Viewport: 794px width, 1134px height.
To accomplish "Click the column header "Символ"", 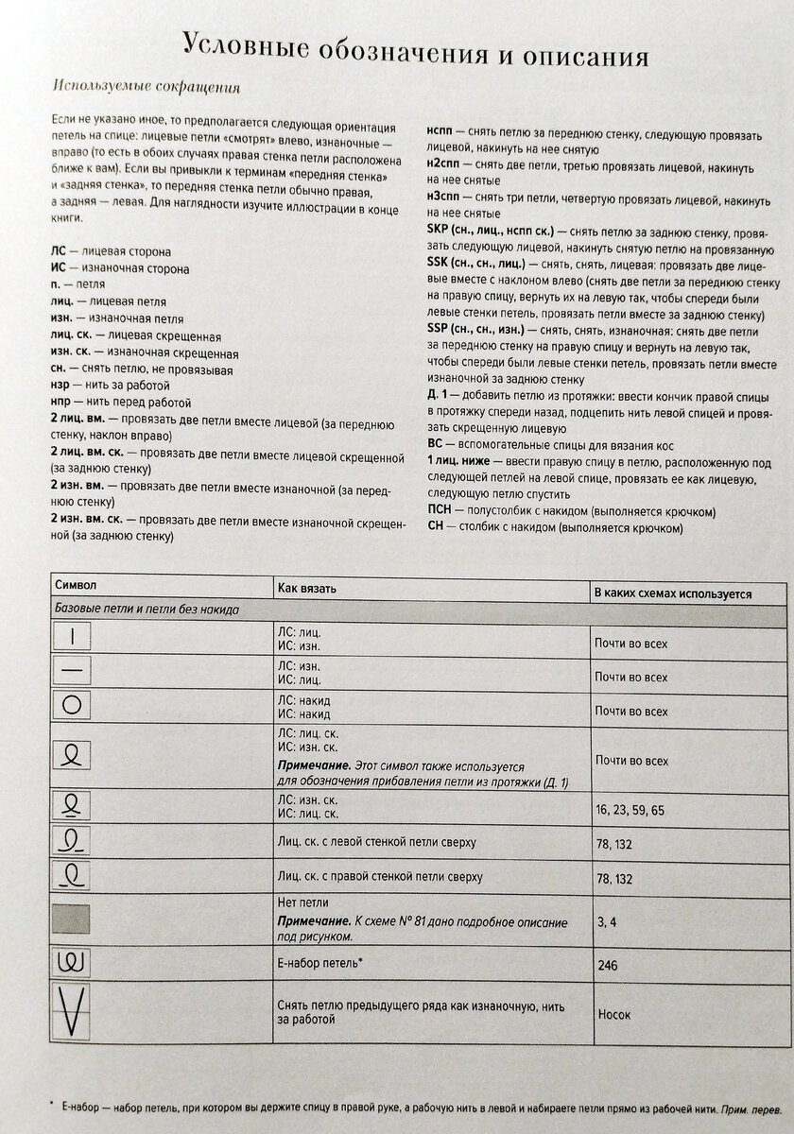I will [x=77, y=588].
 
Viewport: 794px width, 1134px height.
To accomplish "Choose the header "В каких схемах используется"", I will [x=672, y=593].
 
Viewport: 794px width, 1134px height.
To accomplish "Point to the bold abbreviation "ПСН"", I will [x=440, y=511].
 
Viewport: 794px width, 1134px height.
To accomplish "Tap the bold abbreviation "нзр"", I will [x=59, y=386].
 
